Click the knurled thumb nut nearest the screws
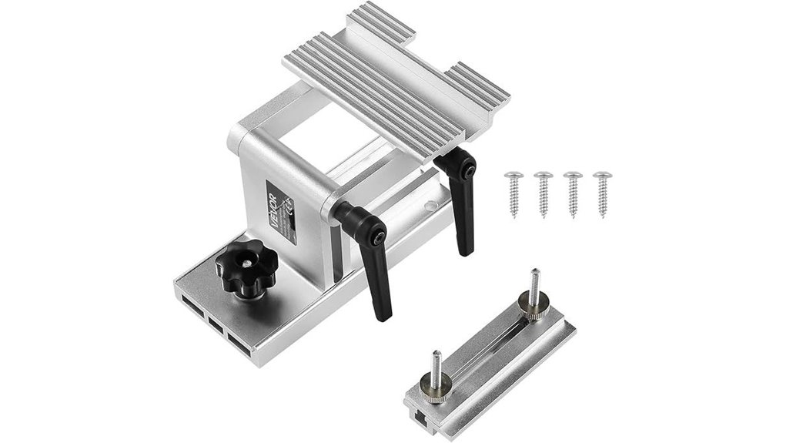[x=529, y=307]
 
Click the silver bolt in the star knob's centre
[x=243, y=264]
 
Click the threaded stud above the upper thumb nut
[x=534, y=282]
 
